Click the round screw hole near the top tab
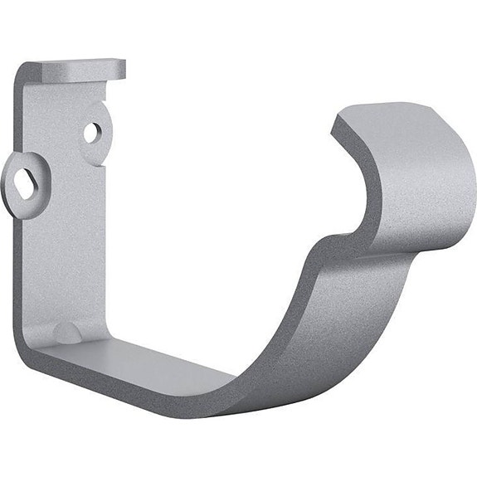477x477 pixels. [92, 131]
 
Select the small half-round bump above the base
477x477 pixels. [66, 333]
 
